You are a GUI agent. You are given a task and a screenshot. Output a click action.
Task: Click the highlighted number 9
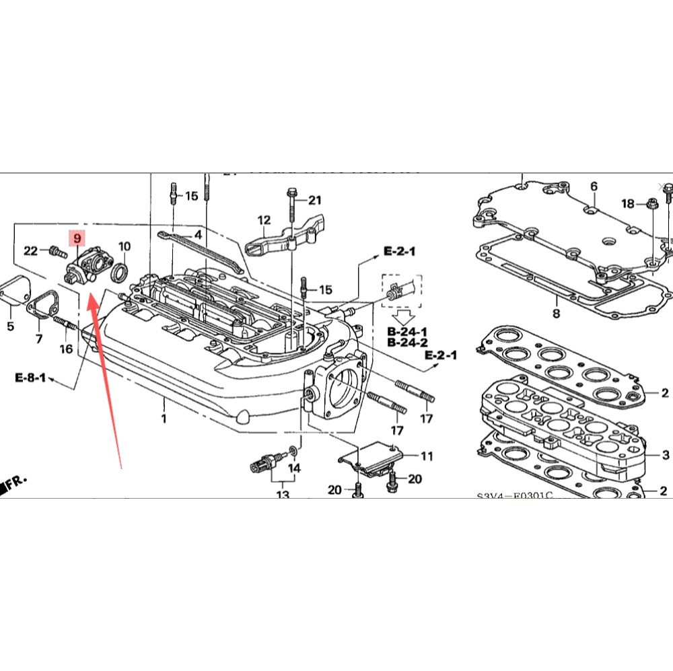(77, 238)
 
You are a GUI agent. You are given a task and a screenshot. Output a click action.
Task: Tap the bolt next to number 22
(55, 252)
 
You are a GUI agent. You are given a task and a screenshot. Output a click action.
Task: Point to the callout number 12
(263, 220)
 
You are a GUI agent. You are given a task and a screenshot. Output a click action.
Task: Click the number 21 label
(315, 200)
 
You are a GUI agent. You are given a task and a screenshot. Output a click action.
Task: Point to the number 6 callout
(594, 186)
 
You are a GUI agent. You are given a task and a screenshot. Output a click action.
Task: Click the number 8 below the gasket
(556, 313)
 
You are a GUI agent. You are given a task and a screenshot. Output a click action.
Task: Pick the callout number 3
(665, 456)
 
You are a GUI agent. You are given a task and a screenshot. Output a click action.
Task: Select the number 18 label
(627, 203)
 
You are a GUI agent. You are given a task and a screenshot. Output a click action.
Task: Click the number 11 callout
(427, 456)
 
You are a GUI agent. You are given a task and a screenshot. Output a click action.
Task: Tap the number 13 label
(282, 495)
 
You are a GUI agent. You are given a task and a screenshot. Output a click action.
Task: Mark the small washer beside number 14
(292, 449)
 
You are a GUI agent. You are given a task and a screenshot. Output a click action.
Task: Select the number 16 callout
(65, 349)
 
